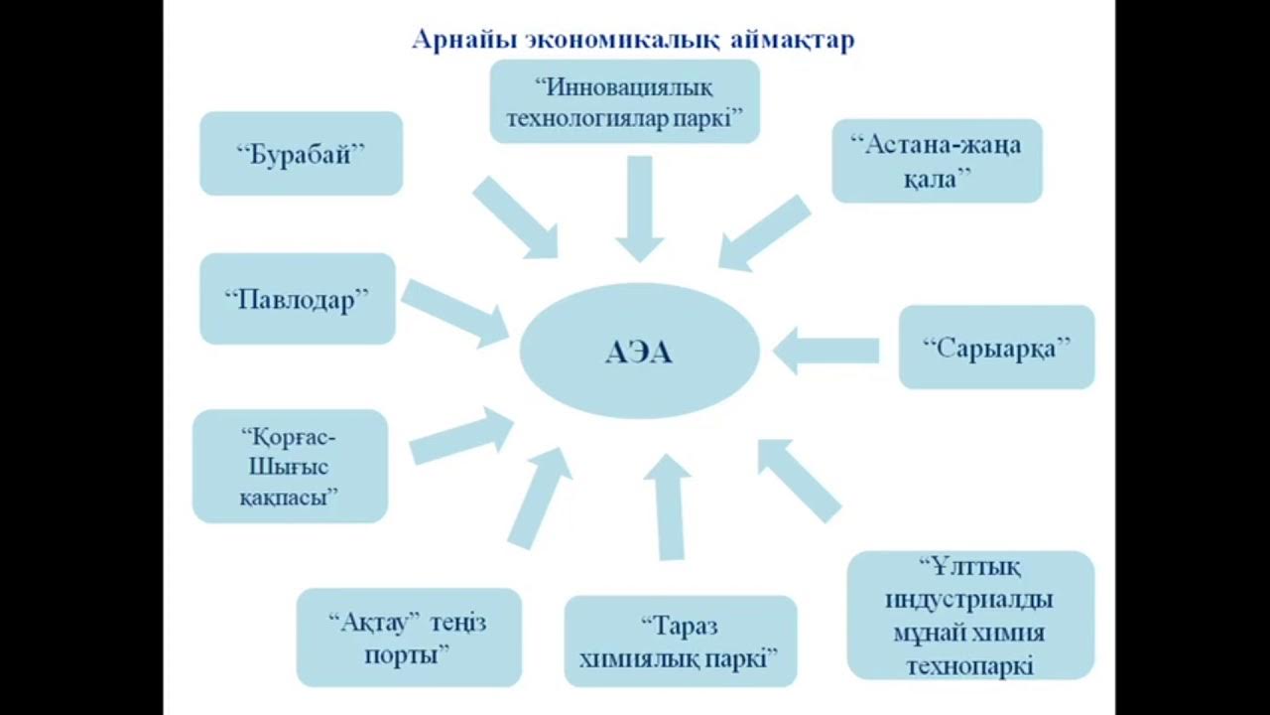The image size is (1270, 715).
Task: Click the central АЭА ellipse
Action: (x=639, y=351)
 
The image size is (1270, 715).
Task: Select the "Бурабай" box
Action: (x=301, y=153)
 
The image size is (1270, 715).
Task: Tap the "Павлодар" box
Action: (x=298, y=298)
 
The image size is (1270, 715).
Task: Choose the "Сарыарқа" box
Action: (x=996, y=347)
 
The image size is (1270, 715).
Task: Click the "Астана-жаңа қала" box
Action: (x=937, y=161)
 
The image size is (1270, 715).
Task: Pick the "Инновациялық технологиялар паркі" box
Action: (x=624, y=101)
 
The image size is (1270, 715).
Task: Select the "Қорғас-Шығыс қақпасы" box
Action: (x=290, y=466)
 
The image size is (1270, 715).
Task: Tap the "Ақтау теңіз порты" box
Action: (x=409, y=638)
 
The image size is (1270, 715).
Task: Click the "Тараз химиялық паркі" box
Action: (x=680, y=642)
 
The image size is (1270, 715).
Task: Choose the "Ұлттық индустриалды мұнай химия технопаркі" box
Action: (x=970, y=616)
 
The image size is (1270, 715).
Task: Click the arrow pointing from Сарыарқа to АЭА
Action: (x=825, y=351)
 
